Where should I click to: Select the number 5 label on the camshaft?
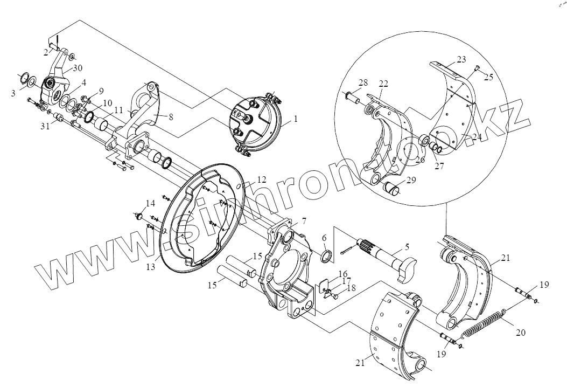(407, 246)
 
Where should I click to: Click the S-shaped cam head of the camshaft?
(405, 268)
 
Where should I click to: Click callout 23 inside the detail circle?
(461, 59)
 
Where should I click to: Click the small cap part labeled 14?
(138, 217)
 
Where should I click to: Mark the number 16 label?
(343, 273)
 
